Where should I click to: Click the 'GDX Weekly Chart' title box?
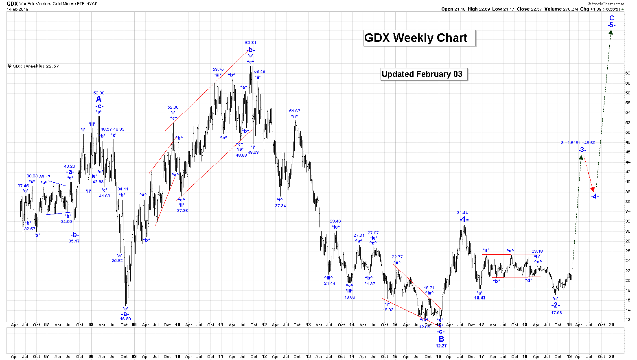[419, 38]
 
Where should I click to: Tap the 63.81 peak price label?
[251, 42]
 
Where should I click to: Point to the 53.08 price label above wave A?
[99, 93]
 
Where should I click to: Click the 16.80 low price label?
[125, 319]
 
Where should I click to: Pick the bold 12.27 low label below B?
[441, 346]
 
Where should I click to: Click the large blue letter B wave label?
[441, 339]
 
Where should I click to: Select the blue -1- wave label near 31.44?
[464, 219]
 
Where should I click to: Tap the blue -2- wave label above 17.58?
[556, 305]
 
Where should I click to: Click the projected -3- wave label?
[582, 150]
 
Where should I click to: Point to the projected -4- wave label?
[595, 196]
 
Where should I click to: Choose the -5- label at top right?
[611, 25]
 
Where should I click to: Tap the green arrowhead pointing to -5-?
[611, 32]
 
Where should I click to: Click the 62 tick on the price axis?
[628, 73]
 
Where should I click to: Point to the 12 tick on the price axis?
[628, 320]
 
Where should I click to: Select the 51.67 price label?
[295, 111]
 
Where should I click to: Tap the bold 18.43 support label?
[480, 298]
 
